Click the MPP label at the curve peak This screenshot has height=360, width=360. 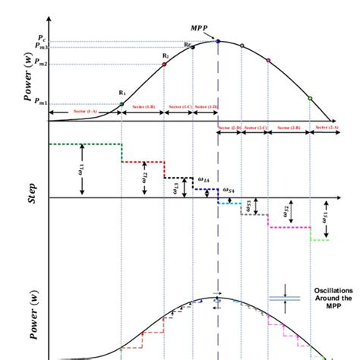[x=200, y=27]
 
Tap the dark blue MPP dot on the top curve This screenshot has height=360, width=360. [x=218, y=41]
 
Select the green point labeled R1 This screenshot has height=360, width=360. [x=122, y=104]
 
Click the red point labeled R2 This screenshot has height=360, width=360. [x=165, y=65]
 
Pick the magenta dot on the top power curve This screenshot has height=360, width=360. [x=268, y=59]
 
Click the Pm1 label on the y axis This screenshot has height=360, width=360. [x=39, y=104]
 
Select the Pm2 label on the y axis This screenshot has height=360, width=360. [x=39, y=65]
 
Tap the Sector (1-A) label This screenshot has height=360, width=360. [x=85, y=112]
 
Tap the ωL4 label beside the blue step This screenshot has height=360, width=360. [x=204, y=180]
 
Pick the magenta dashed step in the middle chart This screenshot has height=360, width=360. [x=289, y=226]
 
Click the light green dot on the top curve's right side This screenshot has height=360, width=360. [x=310, y=98]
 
